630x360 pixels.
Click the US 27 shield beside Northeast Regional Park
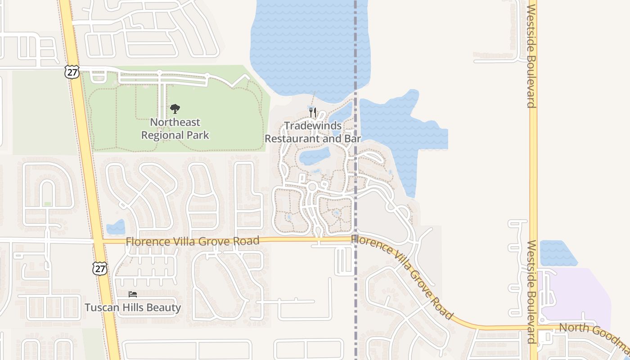pyautogui.click(x=72, y=72)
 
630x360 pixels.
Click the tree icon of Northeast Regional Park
pyautogui.click(x=175, y=108)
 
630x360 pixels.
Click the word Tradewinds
pyautogui.click(x=313, y=126)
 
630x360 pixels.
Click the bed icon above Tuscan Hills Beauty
pyautogui.click(x=133, y=294)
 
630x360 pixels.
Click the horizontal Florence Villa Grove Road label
pyautogui.click(x=193, y=241)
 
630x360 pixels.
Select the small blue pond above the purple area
pyautogui.click(x=557, y=253)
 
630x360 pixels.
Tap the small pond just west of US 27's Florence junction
pyautogui.click(x=116, y=227)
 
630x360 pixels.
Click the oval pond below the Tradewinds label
pyautogui.click(x=315, y=156)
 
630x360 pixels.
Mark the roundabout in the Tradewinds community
pyautogui.click(x=312, y=187)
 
